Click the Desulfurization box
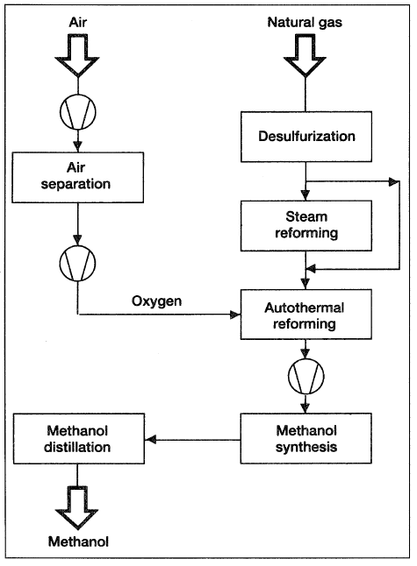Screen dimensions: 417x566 (x=306, y=137)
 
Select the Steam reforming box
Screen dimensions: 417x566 (x=306, y=225)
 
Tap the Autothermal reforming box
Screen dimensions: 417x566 (x=306, y=314)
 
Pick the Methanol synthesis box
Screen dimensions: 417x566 (x=306, y=438)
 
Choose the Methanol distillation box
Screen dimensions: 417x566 (x=79, y=438)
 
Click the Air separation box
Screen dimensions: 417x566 (x=78, y=177)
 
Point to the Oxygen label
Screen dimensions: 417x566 (x=156, y=301)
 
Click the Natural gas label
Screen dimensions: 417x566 (x=305, y=23)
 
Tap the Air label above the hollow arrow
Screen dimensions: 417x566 (x=78, y=23)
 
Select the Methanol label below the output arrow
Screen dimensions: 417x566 (x=78, y=541)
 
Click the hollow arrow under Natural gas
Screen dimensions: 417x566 (x=306, y=55)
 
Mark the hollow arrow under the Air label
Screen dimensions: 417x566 (x=77, y=55)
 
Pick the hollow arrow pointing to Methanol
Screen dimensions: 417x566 (x=76, y=507)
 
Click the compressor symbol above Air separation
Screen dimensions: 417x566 (x=78, y=112)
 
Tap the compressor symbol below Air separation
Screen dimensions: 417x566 (x=77, y=263)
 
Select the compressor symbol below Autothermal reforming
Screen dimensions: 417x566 (x=306, y=376)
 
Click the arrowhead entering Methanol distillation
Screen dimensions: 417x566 (x=150, y=440)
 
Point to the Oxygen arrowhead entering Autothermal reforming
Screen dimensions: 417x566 (x=235, y=315)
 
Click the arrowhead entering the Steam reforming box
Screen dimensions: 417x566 (x=306, y=195)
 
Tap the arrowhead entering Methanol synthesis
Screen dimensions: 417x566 (x=306, y=408)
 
